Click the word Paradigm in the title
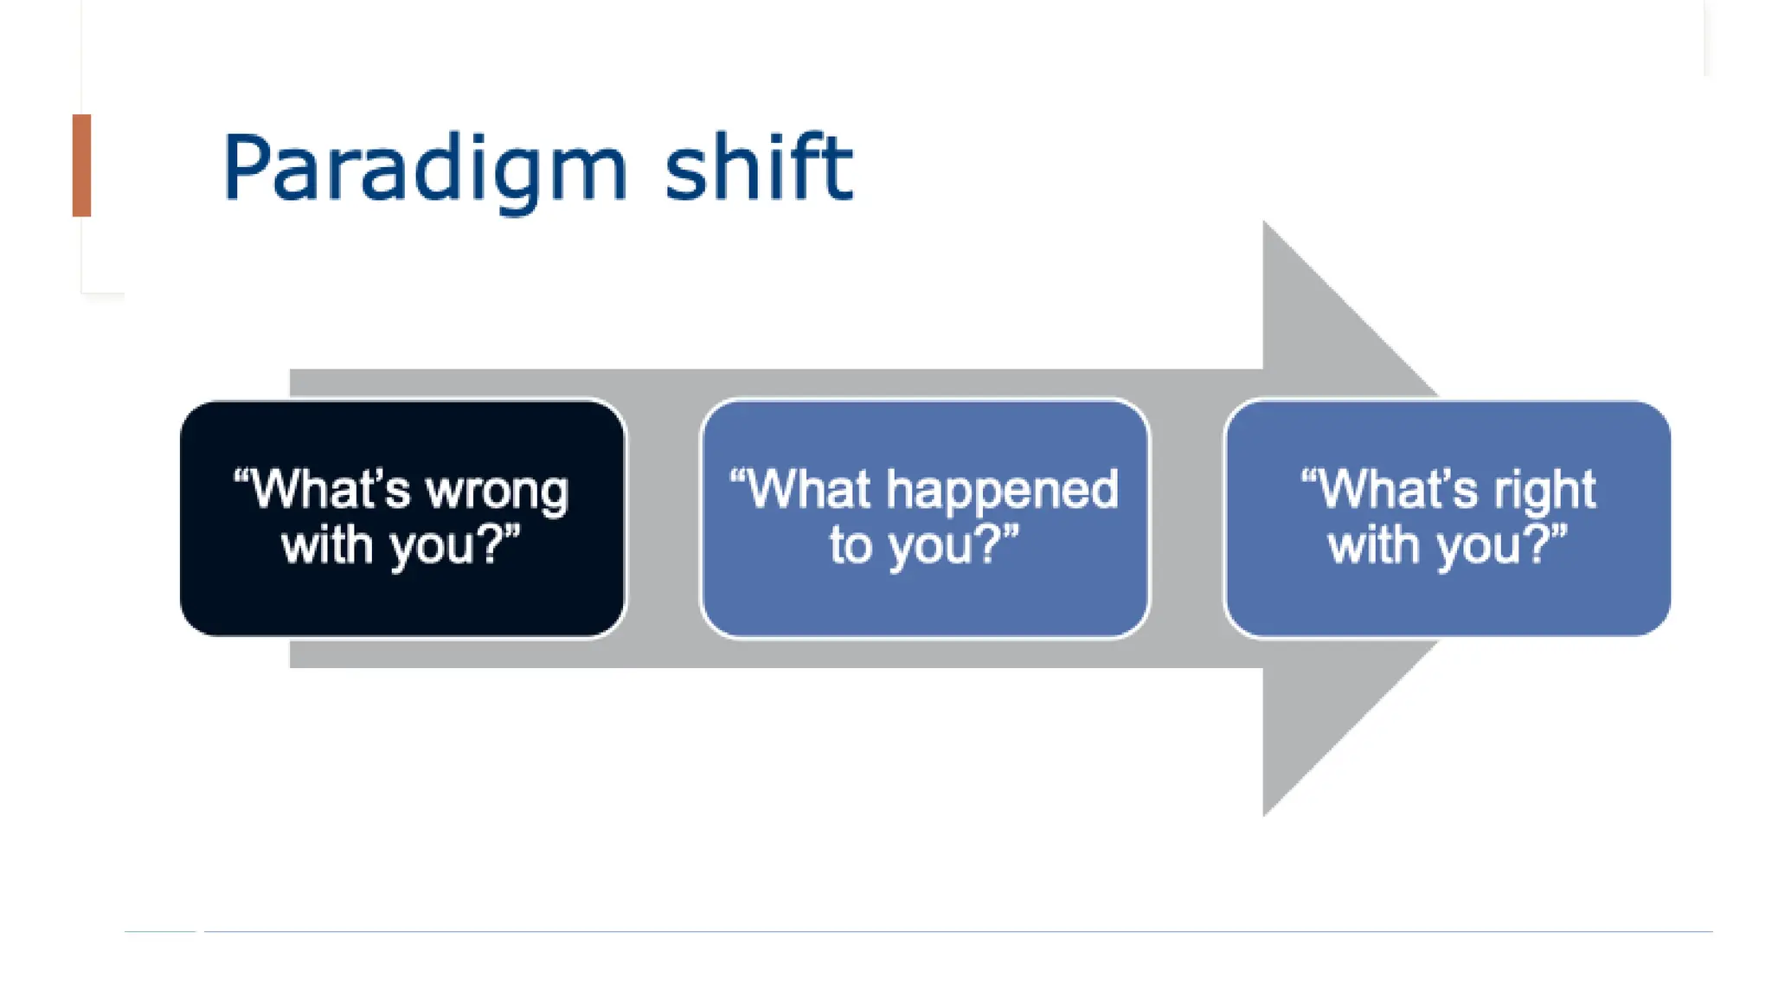tap(424, 169)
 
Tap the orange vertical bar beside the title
tap(82, 165)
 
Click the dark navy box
tap(402, 597)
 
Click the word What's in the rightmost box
tap(1390, 489)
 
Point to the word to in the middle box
tap(850, 545)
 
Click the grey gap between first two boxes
tap(663, 519)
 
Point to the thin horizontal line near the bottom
tap(952, 932)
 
